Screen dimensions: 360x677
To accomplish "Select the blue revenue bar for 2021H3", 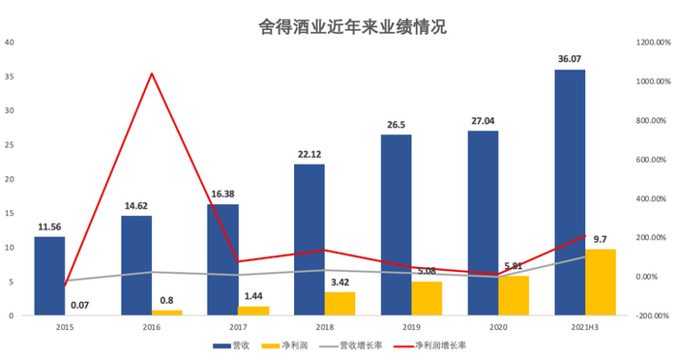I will click(x=570, y=193).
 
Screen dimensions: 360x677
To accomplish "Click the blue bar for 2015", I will click(x=49, y=276).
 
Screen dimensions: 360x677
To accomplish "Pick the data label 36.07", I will click(x=571, y=60).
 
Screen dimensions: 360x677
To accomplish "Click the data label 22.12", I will click(x=309, y=155).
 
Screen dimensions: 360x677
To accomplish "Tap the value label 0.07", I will click(x=81, y=306).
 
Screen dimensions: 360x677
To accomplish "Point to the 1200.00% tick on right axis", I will click(x=650, y=43).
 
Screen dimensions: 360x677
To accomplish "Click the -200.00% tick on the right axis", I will click(x=650, y=315).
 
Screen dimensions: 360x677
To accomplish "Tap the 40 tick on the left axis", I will click(x=9, y=43).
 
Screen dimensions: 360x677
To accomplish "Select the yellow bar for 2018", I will click(x=339, y=304).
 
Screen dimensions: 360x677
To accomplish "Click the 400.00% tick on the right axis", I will click(x=650, y=198).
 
